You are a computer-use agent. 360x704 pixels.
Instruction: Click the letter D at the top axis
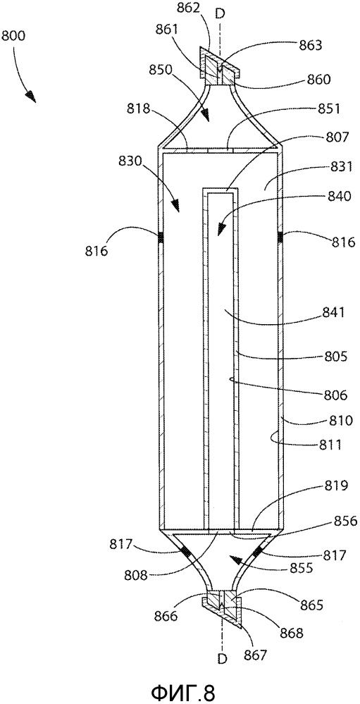coord(220,14)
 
